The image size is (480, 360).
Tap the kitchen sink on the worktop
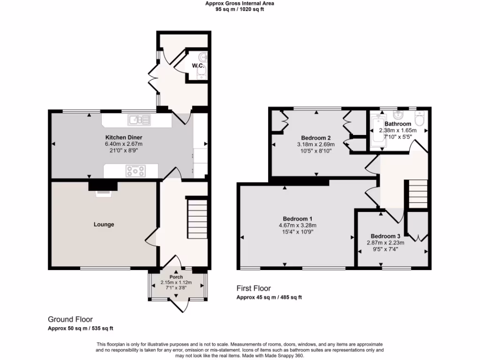(141, 120)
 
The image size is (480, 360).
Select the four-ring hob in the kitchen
(136, 171)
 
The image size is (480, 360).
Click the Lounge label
(104, 225)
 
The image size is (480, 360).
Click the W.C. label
(197, 66)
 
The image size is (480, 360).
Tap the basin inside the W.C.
(203, 57)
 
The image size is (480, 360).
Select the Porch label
(176, 277)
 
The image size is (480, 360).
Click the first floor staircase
(417, 195)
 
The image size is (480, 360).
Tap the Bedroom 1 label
(298, 219)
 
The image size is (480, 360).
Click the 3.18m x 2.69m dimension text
(316, 144)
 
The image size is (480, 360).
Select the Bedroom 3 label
(385, 236)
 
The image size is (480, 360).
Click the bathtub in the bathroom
(376, 133)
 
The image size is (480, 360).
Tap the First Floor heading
(254, 288)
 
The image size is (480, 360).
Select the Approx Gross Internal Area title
(240, 3)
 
